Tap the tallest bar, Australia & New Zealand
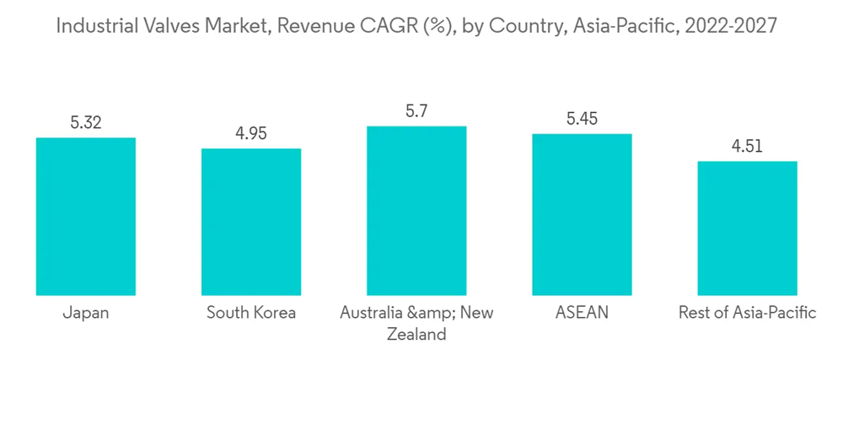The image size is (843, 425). click(x=416, y=211)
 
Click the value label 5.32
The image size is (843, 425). click(x=86, y=123)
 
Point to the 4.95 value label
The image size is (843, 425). click(x=251, y=134)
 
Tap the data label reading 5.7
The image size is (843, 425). click(x=416, y=111)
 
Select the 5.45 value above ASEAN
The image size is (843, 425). click(x=582, y=119)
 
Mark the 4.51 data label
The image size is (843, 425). click(x=747, y=147)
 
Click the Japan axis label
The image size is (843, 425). click(x=86, y=313)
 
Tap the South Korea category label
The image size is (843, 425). click(x=251, y=313)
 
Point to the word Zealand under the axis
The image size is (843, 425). click(x=416, y=335)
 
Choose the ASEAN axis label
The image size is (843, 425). click(x=582, y=313)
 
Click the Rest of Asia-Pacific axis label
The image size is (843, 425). click(x=747, y=313)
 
